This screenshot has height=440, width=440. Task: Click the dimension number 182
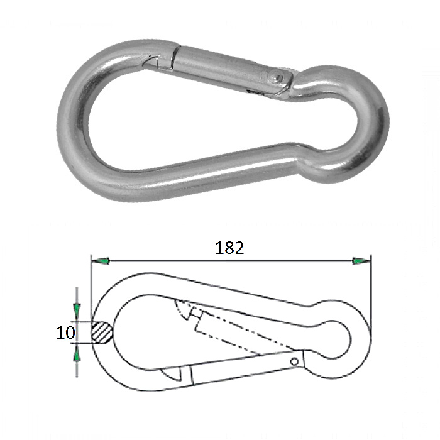tap(229, 248)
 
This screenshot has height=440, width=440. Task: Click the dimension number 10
tap(65, 333)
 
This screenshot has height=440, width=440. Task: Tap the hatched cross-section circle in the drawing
tap(102, 333)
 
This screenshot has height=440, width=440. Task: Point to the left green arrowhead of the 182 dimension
tap(101, 261)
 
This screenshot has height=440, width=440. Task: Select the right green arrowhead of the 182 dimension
tap(361, 261)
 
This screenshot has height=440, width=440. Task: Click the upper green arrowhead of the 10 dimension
tap(77, 310)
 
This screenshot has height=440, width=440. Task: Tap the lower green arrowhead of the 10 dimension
tap(77, 356)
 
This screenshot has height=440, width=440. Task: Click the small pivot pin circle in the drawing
tap(294, 361)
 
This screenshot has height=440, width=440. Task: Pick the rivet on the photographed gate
tap(275, 76)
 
